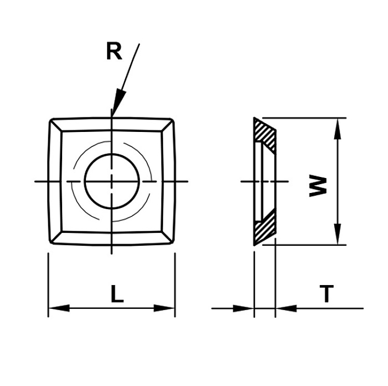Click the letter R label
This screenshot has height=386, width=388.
(114, 51)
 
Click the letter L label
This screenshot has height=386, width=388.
(117, 294)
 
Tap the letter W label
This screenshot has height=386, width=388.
(318, 186)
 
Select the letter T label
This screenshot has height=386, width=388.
(326, 294)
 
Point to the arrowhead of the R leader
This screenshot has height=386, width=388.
(119, 102)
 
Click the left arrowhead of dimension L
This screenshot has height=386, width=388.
(59, 308)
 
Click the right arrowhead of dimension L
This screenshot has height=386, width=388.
(165, 308)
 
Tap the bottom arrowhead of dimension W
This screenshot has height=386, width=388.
(337, 234)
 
